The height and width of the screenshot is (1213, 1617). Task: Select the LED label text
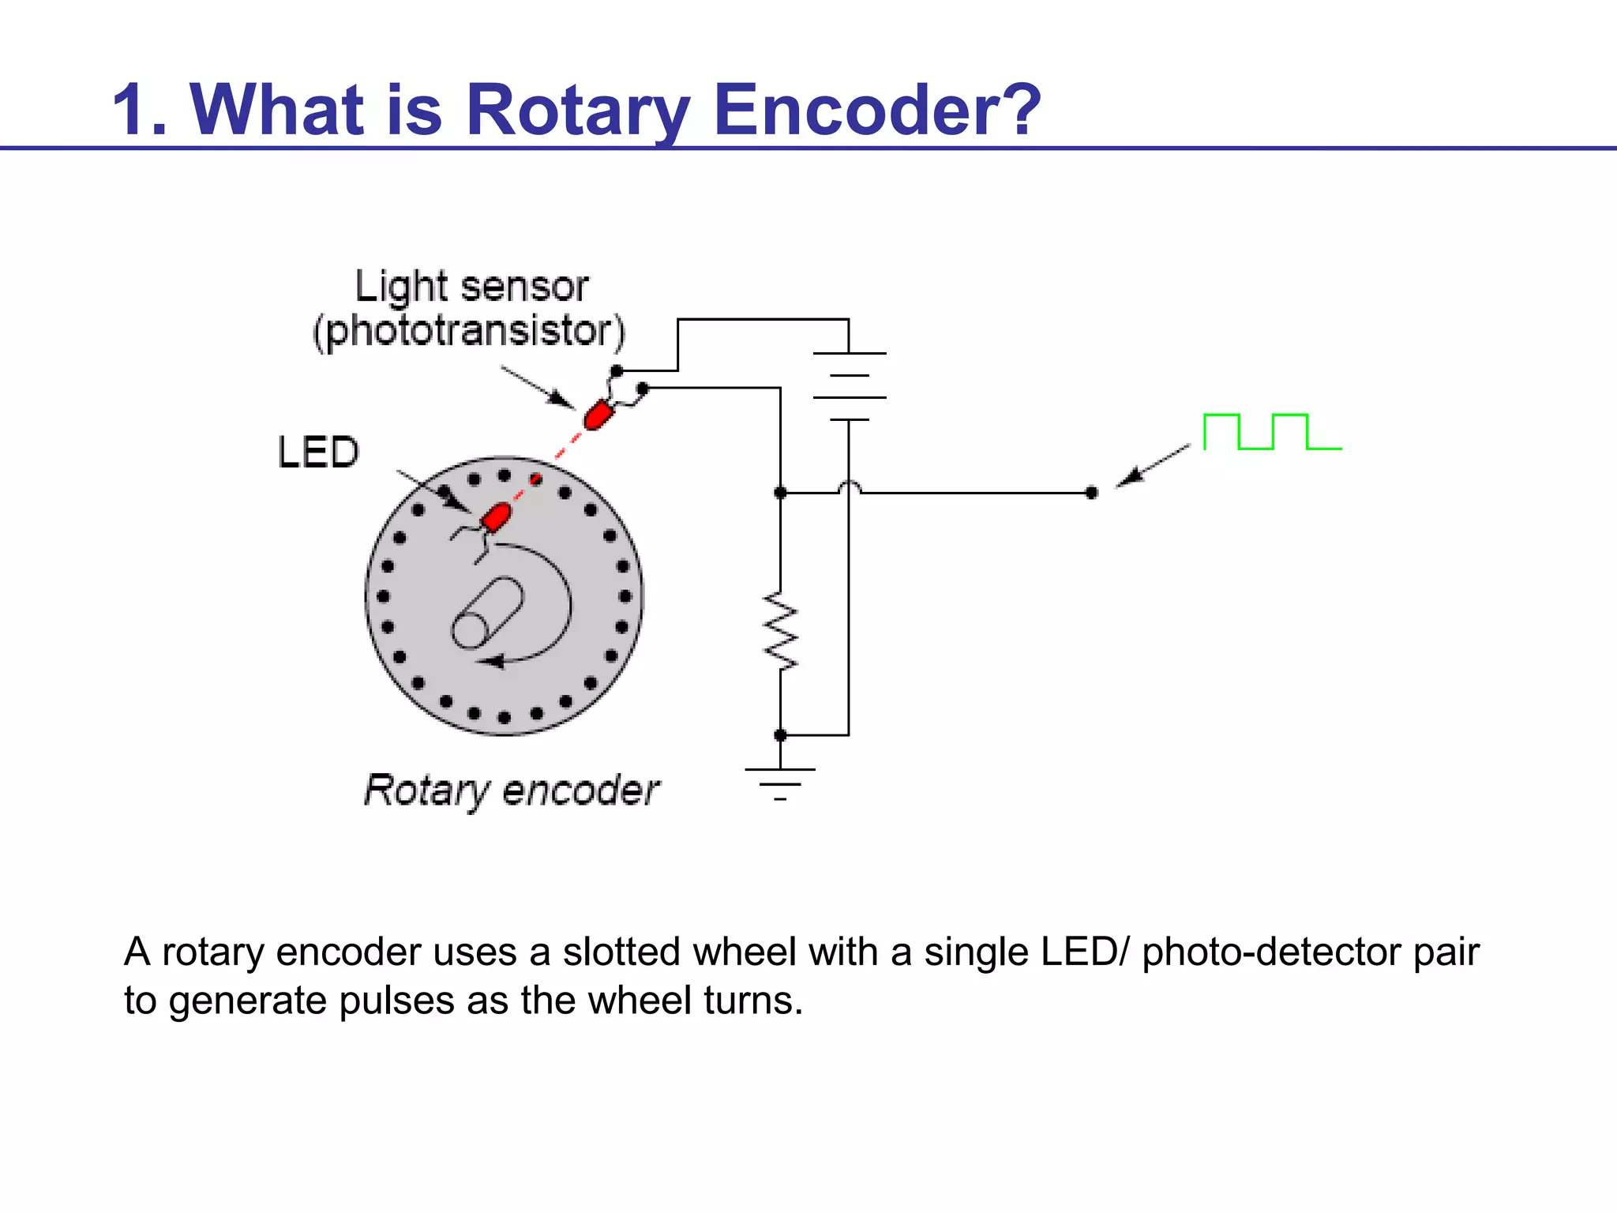(318, 453)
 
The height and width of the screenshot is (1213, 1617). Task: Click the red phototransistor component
(598, 414)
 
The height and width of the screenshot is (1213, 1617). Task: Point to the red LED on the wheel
(497, 517)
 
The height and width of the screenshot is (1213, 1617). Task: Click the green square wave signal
(1271, 431)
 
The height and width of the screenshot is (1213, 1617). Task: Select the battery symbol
(849, 386)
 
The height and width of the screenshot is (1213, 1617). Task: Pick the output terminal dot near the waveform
(1091, 493)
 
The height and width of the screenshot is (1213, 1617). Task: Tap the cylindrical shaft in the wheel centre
(487, 613)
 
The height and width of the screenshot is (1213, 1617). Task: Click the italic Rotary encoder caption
(511, 791)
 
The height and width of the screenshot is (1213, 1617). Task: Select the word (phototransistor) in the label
(469, 331)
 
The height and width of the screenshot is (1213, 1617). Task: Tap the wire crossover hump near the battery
(849, 487)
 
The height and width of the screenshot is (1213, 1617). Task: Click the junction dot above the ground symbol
(780, 735)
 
